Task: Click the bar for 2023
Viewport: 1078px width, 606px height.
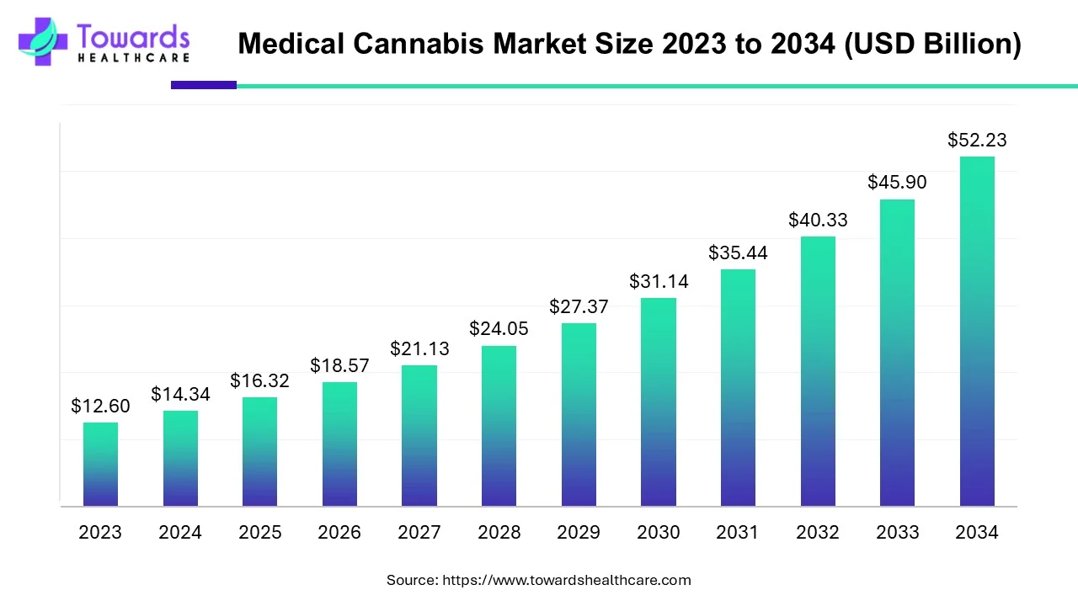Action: coord(100,464)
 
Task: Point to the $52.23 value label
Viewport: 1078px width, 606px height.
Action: coord(977,140)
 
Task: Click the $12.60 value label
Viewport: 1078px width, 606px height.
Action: coord(100,407)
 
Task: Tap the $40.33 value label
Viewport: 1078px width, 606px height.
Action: coord(818,220)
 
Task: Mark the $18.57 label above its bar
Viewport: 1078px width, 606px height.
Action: coord(339,365)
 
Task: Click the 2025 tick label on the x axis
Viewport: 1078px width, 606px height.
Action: coord(259,533)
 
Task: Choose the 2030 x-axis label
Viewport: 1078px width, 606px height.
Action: coord(659,533)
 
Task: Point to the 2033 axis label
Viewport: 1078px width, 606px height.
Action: coord(898,533)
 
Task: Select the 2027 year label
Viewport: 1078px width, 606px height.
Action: coord(419,533)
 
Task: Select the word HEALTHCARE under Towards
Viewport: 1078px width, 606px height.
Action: coord(133,58)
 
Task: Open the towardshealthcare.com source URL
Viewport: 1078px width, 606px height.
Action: coord(567,580)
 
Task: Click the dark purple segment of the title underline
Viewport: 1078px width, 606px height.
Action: coord(204,85)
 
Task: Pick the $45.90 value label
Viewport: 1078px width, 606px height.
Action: coord(898,182)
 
